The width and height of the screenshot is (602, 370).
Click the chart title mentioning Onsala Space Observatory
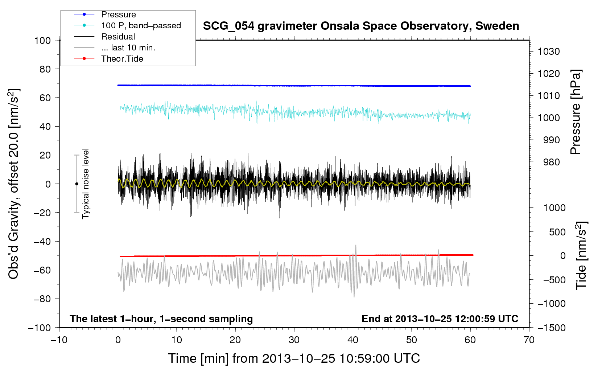pos(361,26)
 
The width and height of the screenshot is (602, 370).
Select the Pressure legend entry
pos(118,15)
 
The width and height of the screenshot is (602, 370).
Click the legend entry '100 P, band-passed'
pos(141,25)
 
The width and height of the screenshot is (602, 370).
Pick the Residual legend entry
pos(118,37)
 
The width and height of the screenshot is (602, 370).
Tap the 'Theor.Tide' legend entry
pos(122,59)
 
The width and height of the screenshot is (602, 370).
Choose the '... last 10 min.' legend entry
pos(128,48)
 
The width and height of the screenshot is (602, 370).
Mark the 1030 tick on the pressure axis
pos(549,52)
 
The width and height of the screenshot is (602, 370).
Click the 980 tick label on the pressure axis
pos(551,162)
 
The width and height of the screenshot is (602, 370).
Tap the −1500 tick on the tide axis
pos(552,328)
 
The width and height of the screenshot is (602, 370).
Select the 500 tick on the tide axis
pos(557,232)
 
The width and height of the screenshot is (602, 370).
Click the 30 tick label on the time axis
pos(294,340)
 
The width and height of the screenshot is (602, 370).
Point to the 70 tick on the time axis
pos(529,340)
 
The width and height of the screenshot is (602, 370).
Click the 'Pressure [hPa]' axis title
pos(576,112)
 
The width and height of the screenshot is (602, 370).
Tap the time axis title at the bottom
pos(294,358)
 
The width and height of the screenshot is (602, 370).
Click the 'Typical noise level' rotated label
pos(86,184)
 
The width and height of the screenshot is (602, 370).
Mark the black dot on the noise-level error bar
pos(77,184)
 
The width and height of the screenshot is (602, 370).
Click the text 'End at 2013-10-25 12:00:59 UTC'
pos(440,318)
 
